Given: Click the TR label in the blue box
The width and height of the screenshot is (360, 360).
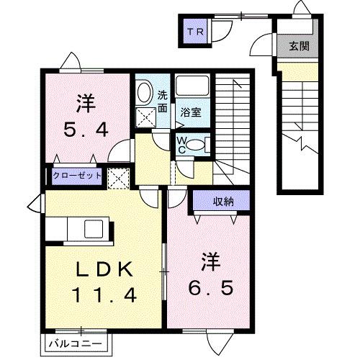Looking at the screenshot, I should click(194, 32).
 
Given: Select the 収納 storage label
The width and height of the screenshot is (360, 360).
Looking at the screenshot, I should click(222, 202).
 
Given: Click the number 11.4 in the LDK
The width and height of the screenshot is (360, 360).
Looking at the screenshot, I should click(104, 294).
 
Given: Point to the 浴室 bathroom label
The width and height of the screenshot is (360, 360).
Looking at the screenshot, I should click(190, 112).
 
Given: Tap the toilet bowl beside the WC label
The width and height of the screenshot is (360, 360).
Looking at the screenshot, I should click(203, 143).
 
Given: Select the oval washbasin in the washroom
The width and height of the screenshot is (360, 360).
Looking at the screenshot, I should click(144, 92).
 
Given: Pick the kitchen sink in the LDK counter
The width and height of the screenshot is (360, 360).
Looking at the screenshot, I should click(94, 230).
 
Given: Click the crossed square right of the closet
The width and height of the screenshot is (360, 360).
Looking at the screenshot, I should click(117, 177).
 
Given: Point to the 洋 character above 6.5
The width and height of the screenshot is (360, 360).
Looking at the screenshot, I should click(210, 258).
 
